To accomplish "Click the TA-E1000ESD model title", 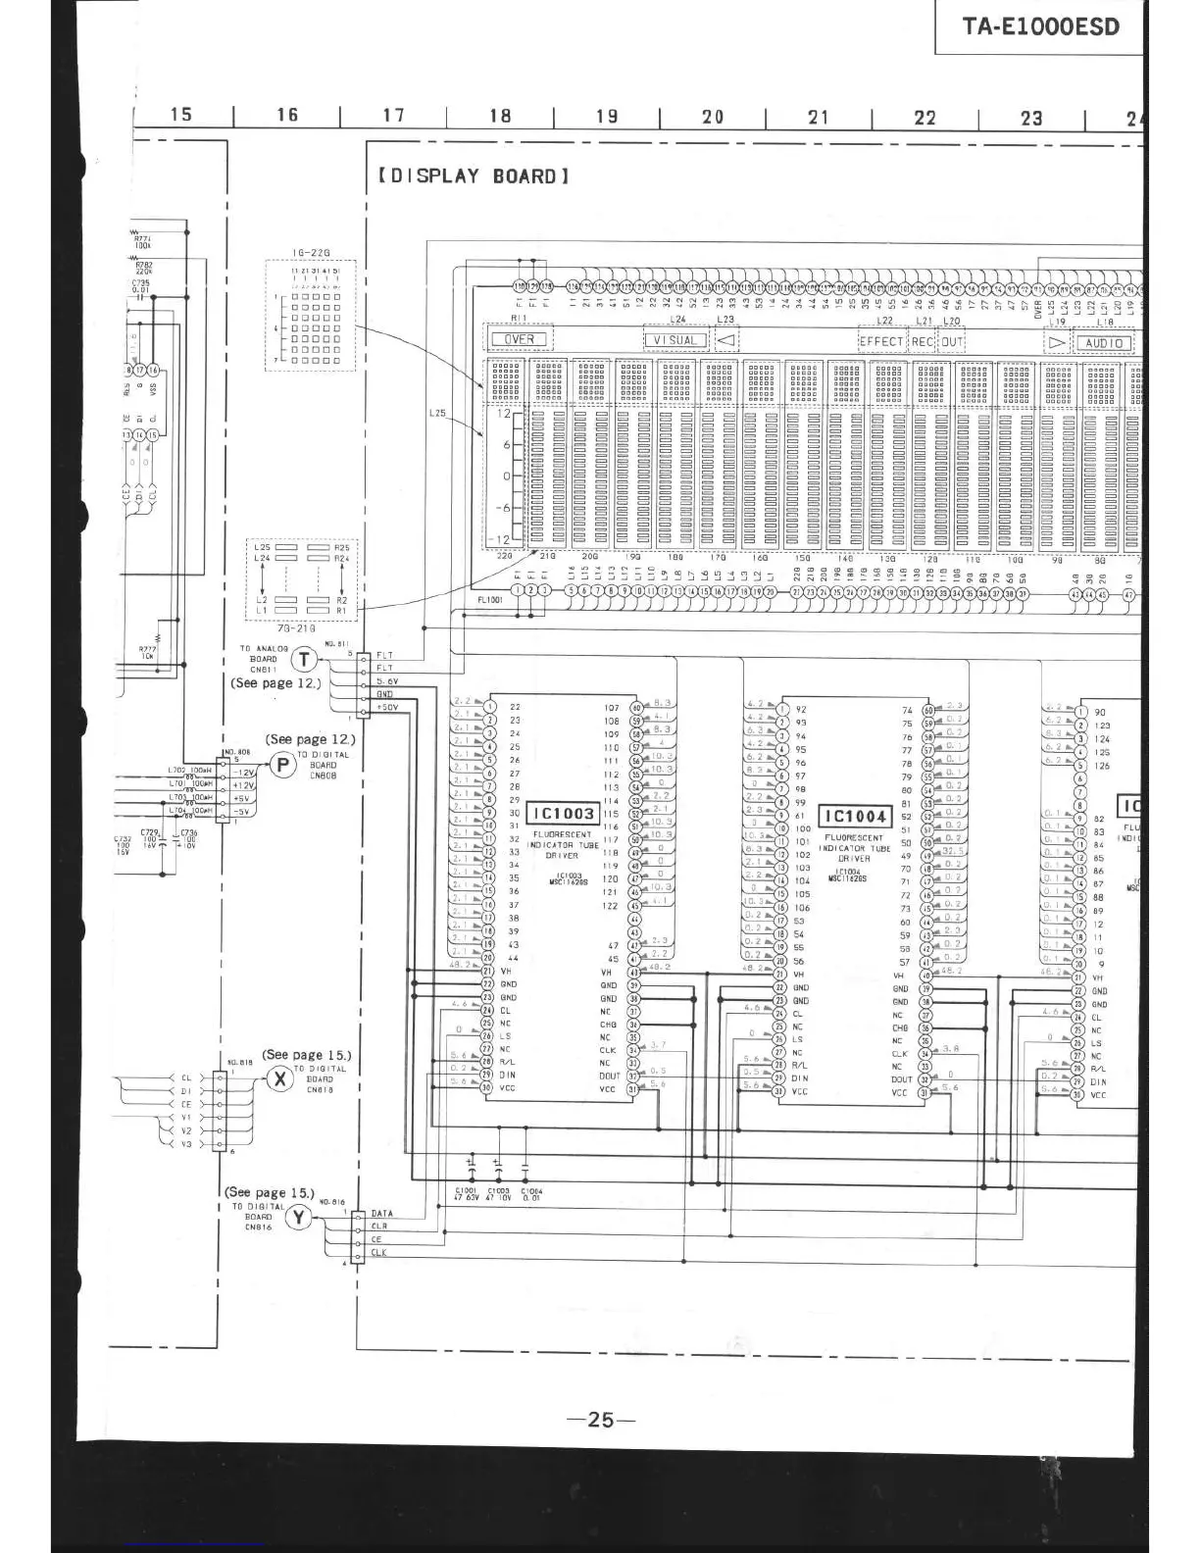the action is click(x=1040, y=25).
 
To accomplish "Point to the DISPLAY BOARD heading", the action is click(x=472, y=176).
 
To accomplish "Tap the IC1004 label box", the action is click(x=855, y=816).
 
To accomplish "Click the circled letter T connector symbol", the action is click(x=306, y=660).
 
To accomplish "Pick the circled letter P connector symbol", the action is click(x=282, y=765).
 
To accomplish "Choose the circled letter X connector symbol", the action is click(x=280, y=1079).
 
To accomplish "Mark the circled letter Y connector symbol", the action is click(x=298, y=1218).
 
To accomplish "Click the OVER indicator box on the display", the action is click(x=519, y=340).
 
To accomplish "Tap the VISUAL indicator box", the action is click(x=675, y=340).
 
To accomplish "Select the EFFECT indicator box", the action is click(x=881, y=341).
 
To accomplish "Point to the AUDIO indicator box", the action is click(x=1104, y=343).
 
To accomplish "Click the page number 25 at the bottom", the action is click(x=601, y=1419).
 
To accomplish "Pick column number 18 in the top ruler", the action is click(x=500, y=116).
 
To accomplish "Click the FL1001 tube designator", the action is click(x=490, y=599).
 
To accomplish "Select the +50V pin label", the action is click(x=387, y=707).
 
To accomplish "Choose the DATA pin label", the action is click(x=381, y=1214).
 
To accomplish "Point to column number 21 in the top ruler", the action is click(x=819, y=117).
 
